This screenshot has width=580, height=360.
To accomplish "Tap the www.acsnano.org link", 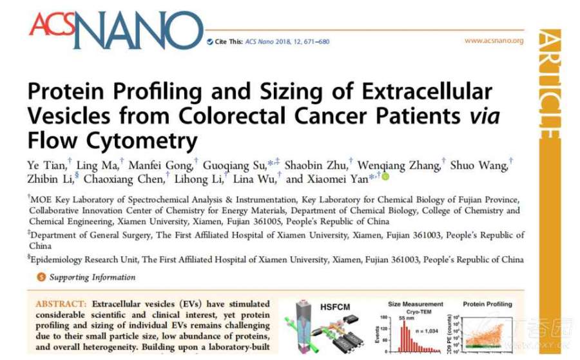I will (494, 41).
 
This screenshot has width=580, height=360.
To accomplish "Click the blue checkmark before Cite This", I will (210, 42).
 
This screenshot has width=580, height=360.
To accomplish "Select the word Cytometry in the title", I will (135, 138).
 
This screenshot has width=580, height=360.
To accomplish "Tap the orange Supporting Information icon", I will (42, 278).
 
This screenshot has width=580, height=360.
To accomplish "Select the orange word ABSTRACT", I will (61, 303).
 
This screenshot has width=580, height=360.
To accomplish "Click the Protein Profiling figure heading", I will (488, 303).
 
